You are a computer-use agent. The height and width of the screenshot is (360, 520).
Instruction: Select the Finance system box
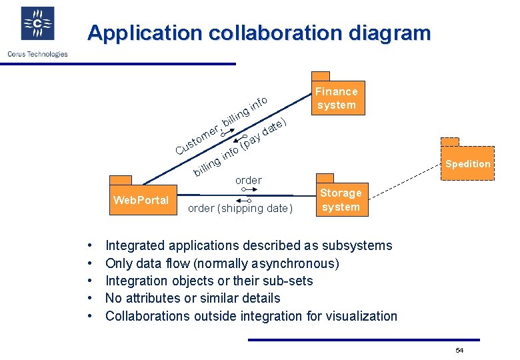click(337, 98)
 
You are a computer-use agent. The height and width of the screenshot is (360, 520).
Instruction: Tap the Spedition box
click(467, 163)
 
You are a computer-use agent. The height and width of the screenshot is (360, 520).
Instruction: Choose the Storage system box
click(341, 200)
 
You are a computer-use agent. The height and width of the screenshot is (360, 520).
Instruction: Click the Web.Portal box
click(141, 200)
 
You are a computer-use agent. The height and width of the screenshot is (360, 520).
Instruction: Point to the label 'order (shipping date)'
click(240, 209)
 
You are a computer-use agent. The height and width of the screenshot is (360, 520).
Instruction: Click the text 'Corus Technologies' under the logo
click(37, 54)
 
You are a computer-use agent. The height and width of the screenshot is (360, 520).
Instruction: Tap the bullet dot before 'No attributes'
click(89, 299)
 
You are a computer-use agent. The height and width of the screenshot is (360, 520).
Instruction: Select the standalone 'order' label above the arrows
click(248, 180)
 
